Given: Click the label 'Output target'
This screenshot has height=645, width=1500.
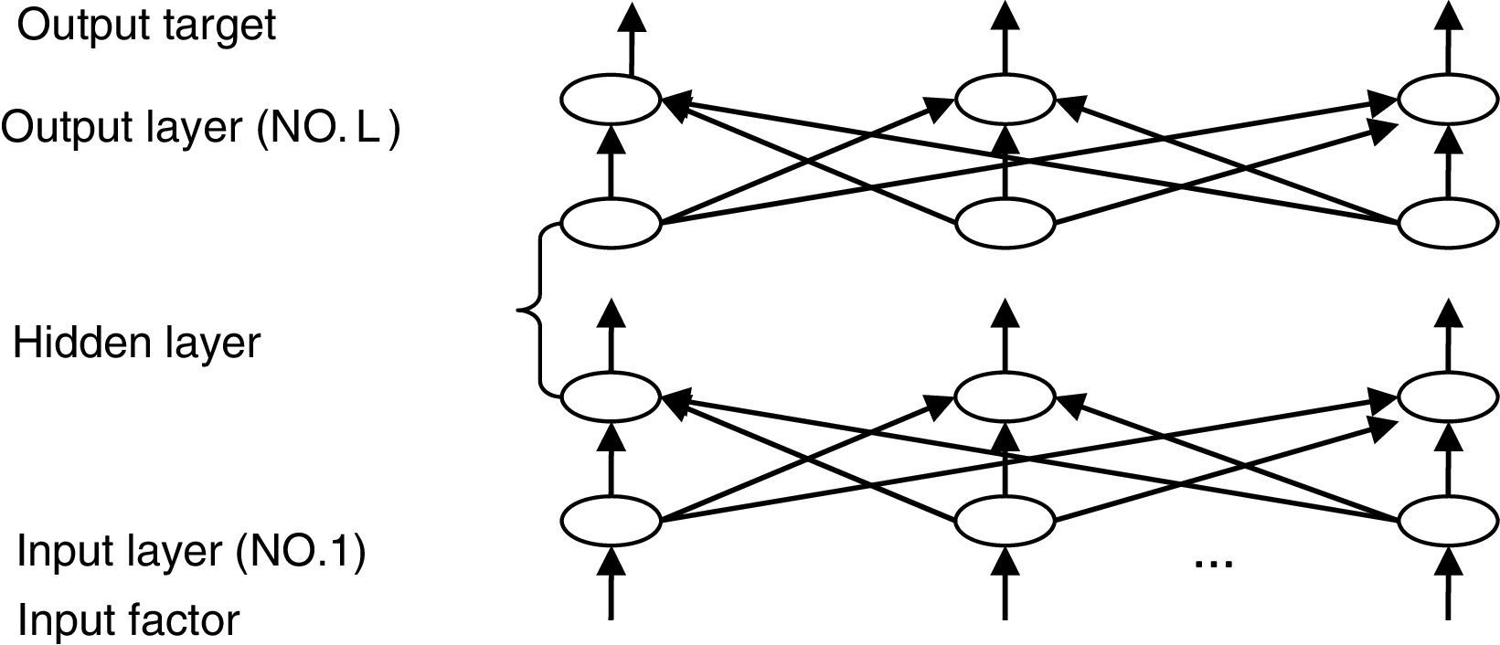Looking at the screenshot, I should (146, 26).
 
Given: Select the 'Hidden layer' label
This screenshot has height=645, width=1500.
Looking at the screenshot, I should (137, 344).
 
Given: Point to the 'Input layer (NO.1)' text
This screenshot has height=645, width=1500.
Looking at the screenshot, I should (191, 552).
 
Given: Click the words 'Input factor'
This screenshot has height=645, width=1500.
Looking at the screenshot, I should (129, 621).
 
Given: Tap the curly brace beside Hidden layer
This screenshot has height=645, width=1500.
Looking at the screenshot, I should (536, 311).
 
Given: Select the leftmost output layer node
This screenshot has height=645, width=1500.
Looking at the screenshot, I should (610, 100).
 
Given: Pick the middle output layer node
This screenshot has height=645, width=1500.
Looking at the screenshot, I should (1005, 100).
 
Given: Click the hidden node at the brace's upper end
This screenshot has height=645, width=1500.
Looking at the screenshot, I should (610, 222).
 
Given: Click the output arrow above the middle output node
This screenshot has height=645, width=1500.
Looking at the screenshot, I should (1005, 37).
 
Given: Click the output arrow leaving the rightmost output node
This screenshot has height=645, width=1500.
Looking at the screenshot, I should (1449, 37).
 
